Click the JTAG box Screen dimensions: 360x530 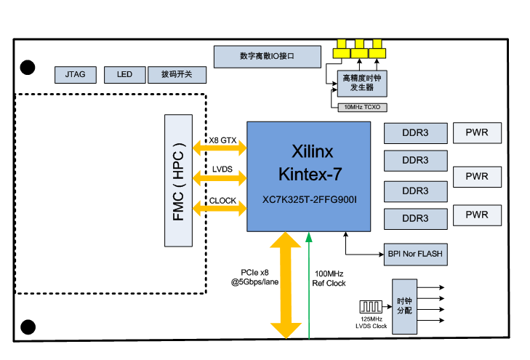point(76,74)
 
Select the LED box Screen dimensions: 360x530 point(124,74)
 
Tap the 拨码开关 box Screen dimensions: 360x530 point(177,74)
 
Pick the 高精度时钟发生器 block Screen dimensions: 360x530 point(362,81)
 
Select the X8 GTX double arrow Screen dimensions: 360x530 point(219,148)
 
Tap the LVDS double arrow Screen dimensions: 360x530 point(219,177)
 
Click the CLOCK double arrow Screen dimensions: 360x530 point(219,209)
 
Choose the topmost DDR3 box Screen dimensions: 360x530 point(415,133)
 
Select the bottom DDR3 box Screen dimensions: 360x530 point(415,218)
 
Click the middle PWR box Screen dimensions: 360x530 point(477,176)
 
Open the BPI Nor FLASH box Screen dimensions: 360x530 point(415,255)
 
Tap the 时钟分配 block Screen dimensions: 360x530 point(403,306)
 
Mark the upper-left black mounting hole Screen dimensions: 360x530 point(28,68)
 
